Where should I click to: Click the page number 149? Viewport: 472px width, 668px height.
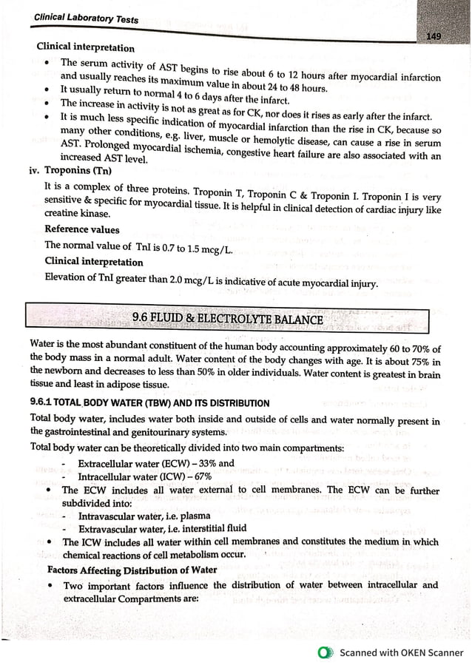[434, 37]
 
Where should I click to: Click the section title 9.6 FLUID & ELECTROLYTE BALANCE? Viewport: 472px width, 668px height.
[227, 320]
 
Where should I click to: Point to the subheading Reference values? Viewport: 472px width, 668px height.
[82, 229]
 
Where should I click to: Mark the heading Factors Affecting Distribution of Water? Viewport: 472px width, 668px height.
[132, 570]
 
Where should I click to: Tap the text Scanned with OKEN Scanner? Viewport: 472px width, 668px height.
[402, 652]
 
